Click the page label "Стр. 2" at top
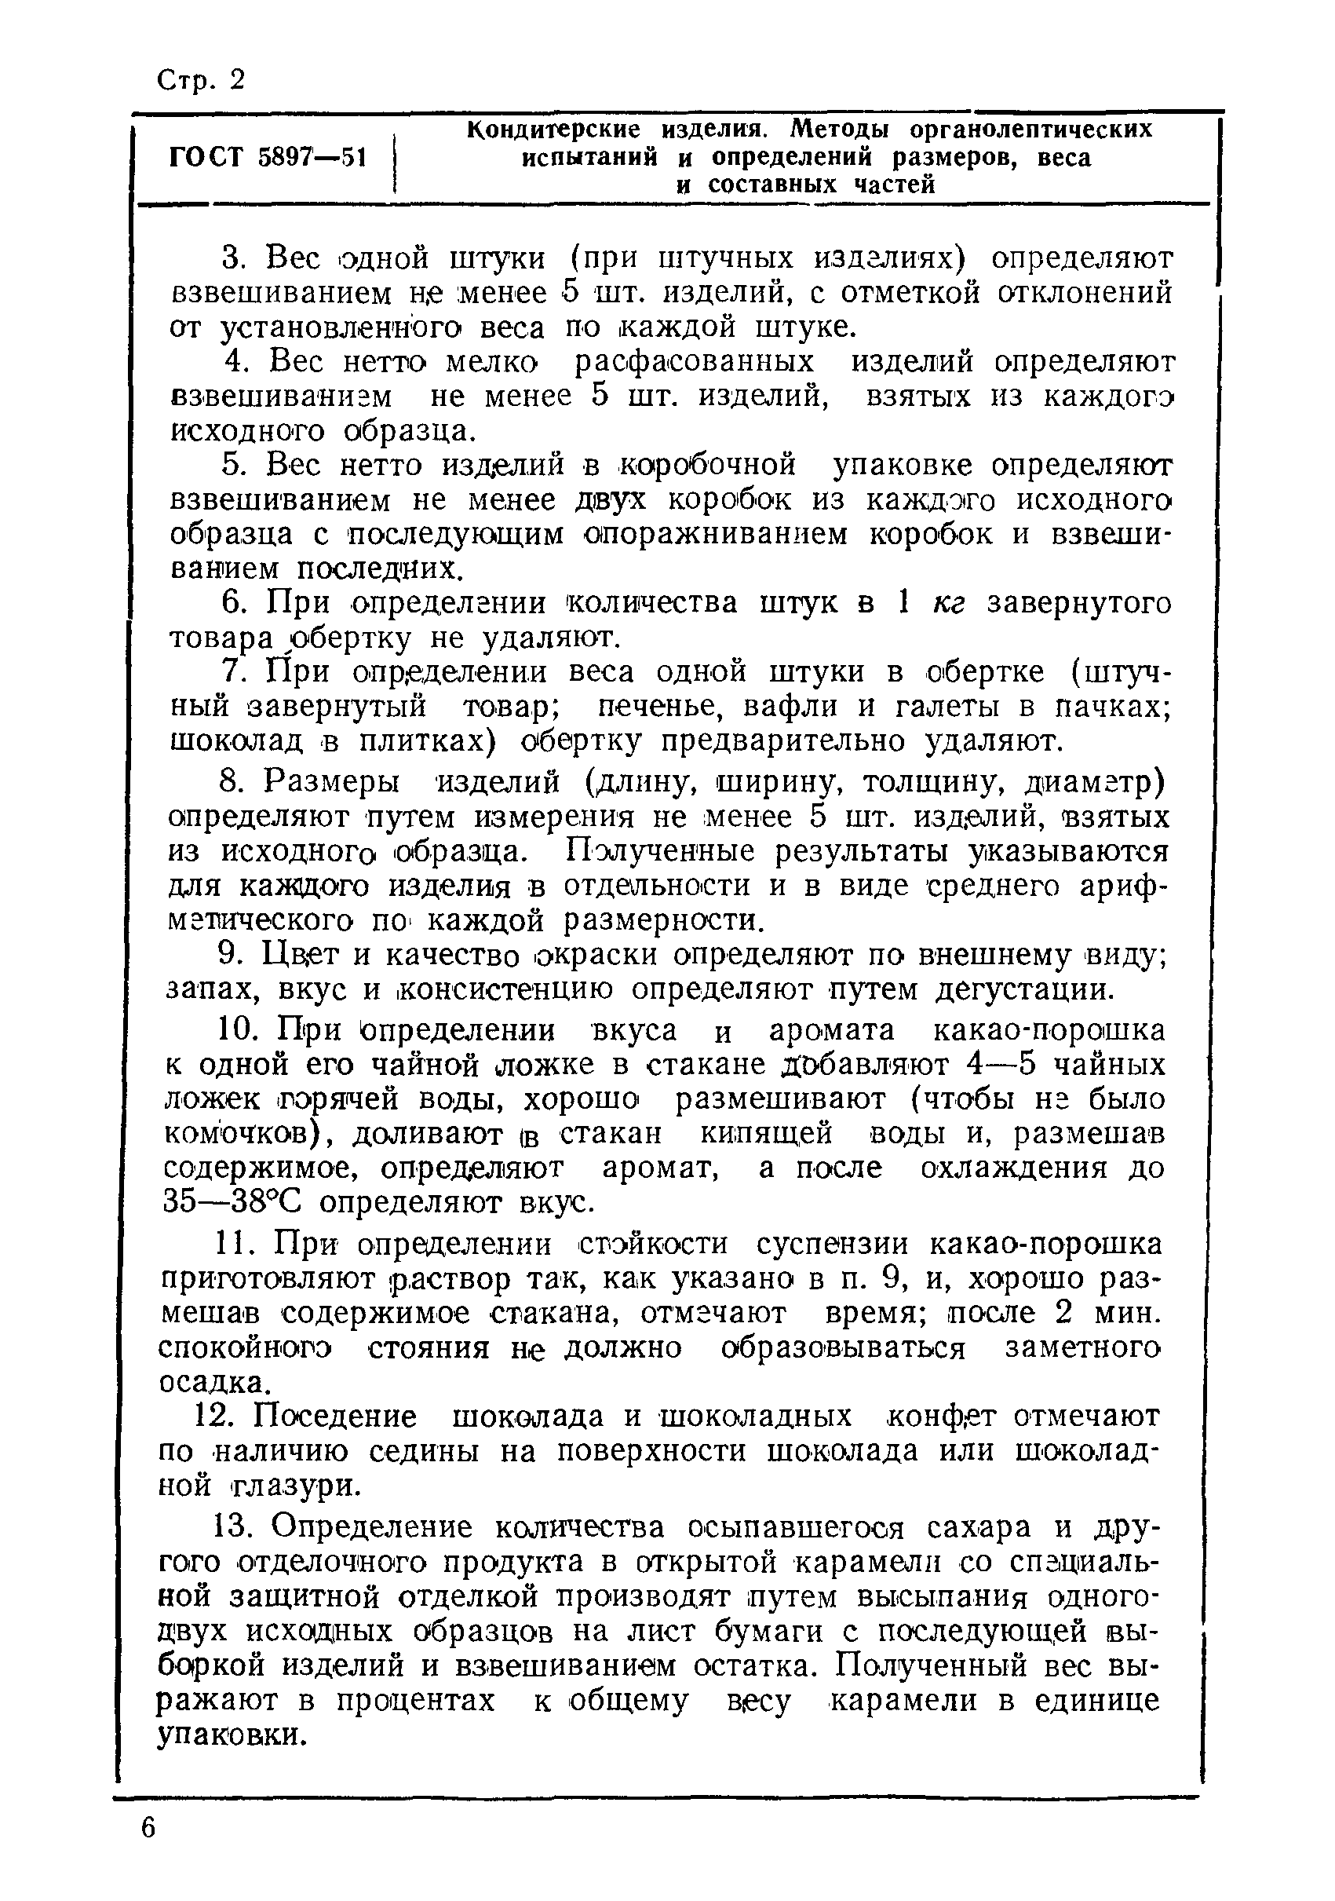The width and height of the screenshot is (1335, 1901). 201,81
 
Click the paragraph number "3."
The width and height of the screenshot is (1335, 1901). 235,259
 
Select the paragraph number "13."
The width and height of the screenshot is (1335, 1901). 234,1526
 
